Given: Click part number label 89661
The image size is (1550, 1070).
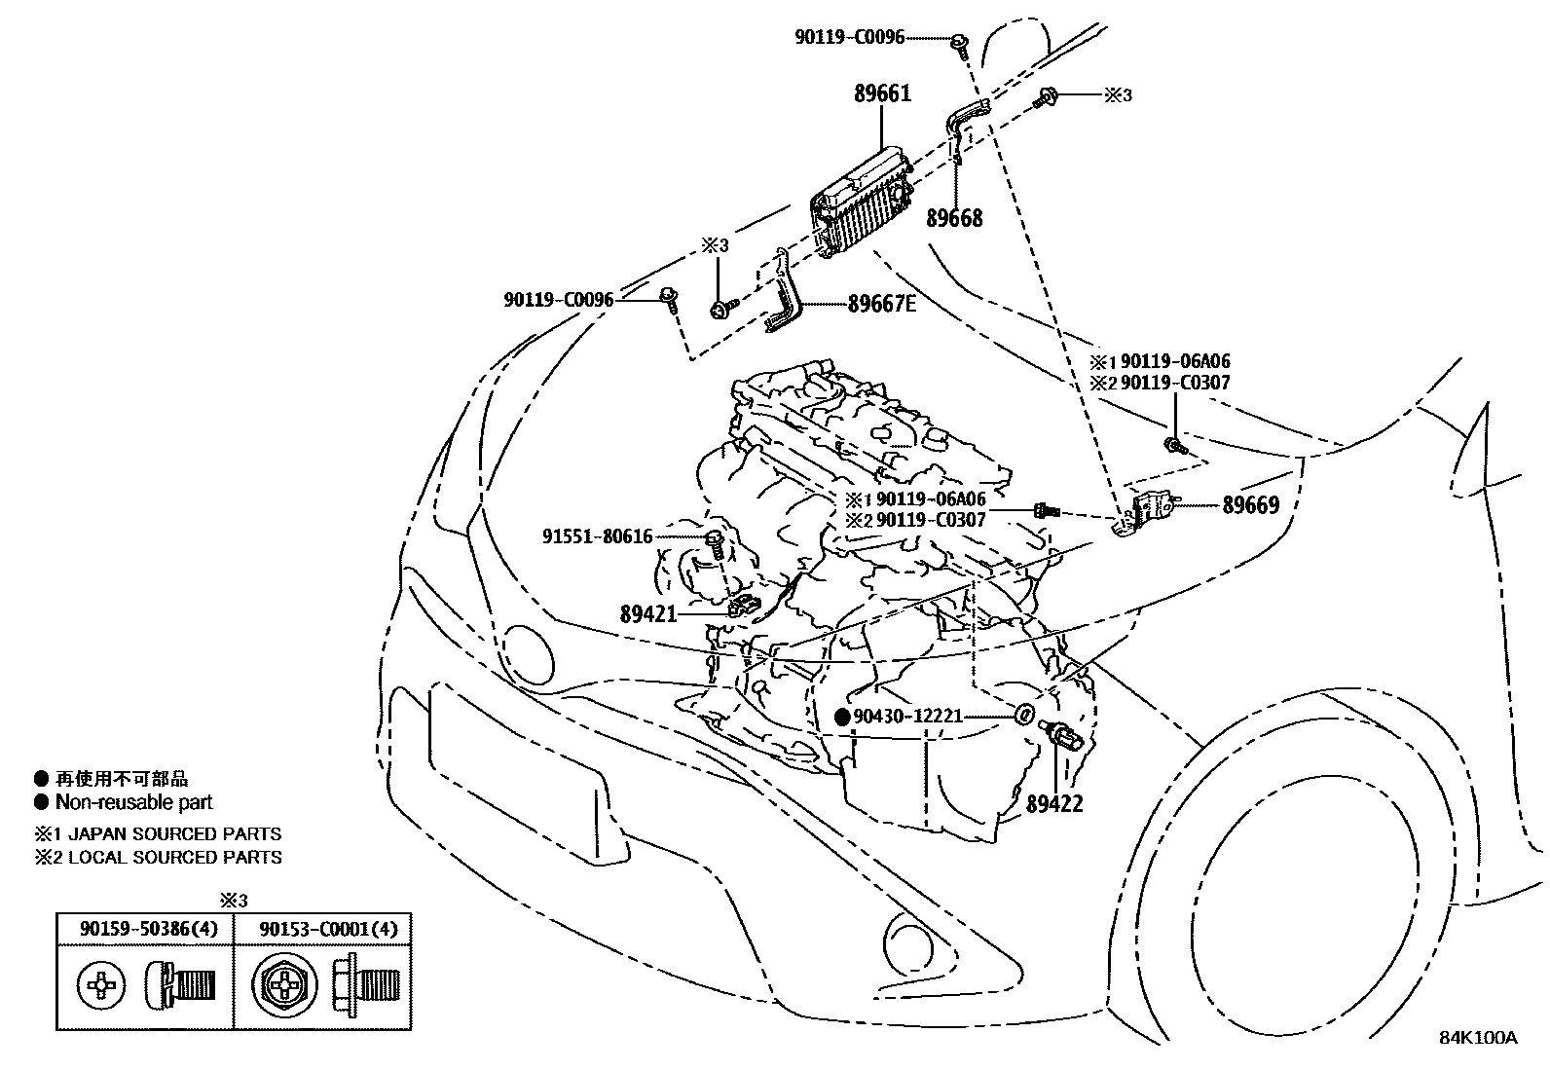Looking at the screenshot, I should click(882, 94).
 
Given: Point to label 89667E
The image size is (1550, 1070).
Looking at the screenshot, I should click(881, 304).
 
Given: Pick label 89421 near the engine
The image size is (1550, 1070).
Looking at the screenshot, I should click(647, 613).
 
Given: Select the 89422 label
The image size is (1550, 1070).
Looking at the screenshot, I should click(1053, 804).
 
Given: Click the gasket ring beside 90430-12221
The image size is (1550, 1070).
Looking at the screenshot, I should click(1023, 716).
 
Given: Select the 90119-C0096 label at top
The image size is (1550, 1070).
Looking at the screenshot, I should click(849, 38).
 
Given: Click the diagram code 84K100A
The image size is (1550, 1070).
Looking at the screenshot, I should click(1478, 1037).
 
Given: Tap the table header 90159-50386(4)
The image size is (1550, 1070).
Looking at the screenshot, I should click(144, 929).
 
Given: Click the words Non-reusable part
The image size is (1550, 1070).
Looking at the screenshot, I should click(133, 803).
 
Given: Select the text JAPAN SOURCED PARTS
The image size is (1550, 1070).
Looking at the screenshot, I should click(174, 834).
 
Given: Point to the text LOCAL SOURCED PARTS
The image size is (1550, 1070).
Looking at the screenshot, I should click(174, 858).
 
